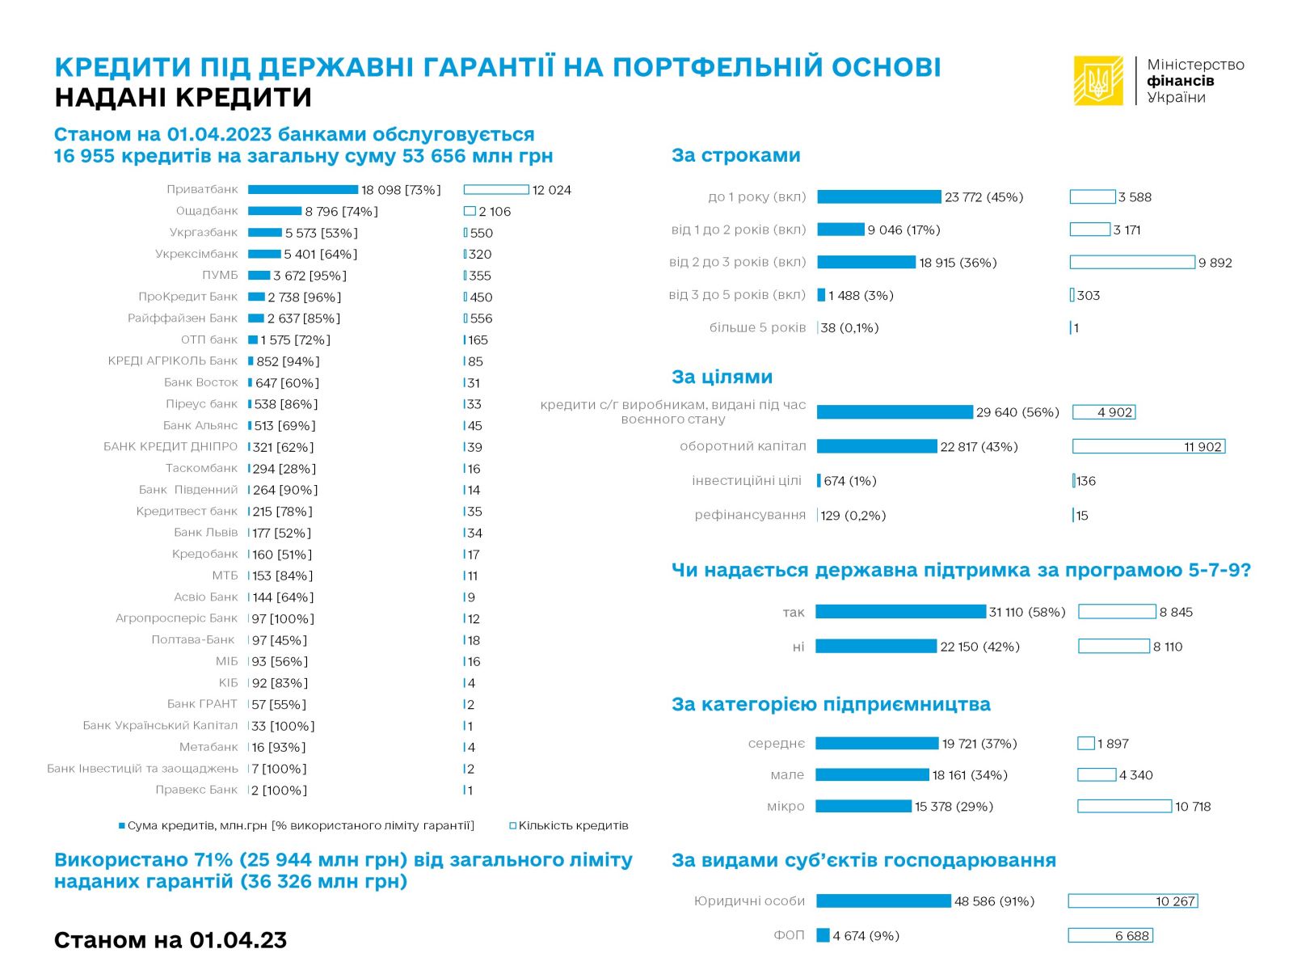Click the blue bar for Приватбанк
click(302, 190)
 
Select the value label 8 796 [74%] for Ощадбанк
click(341, 212)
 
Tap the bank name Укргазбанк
click(204, 233)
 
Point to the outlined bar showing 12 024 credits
click(496, 190)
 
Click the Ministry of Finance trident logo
click(1097, 80)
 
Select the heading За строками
click(735, 155)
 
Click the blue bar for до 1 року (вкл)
click(879, 197)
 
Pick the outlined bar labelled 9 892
click(1131, 262)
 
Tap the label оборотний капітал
click(743, 446)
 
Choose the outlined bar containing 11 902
click(1148, 446)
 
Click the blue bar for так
click(900, 612)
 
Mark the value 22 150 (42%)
click(979, 647)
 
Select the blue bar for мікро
click(863, 806)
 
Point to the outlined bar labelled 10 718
click(1124, 806)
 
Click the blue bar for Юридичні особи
click(883, 901)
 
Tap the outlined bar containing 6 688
click(1110, 935)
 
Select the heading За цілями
click(722, 377)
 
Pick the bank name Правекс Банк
click(196, 790)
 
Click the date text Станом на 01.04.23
click(171, 940)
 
